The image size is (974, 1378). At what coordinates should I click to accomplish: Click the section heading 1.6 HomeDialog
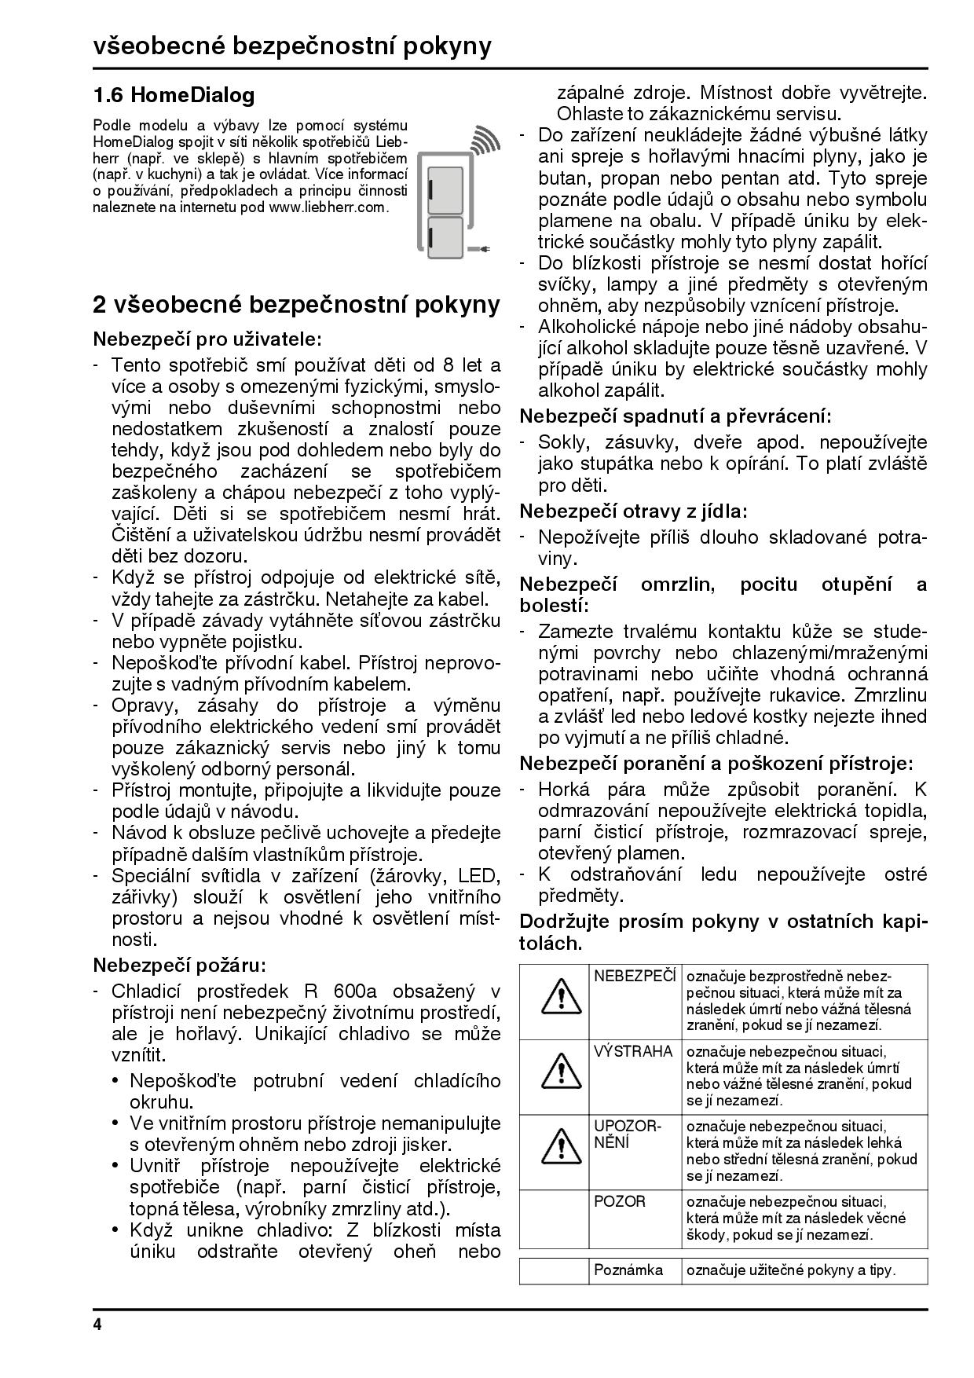(x=174, y=96)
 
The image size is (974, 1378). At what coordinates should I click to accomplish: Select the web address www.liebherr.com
(x=328, y=207)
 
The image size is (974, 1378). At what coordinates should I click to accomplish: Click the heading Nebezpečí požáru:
(x=180, y=964)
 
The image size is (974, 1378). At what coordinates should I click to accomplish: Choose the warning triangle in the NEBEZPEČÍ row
(x=554, y=996)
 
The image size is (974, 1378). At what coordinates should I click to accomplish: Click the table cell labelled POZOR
(x=621, y=1202)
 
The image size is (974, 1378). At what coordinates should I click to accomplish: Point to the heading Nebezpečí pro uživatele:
(x=207, y=339)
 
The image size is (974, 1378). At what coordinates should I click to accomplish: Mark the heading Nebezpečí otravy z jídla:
(x=634, y=511)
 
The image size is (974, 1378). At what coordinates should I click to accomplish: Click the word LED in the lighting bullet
(x=480, y=875)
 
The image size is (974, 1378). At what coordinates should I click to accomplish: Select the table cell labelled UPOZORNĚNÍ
(x=628, y=1134)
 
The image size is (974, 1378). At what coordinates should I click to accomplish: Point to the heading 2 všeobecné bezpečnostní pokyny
(x=296, y=305)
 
